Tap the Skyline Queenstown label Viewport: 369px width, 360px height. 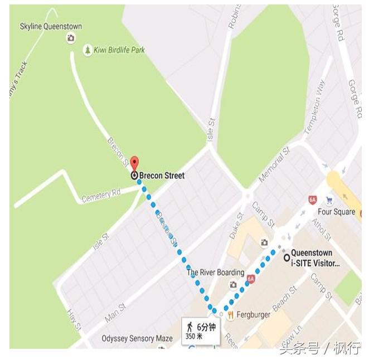pyautogui.click(x=51, y=26)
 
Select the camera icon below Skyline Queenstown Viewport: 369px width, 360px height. pyautogui.click(x=71, y=38)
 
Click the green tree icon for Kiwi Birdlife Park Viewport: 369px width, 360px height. pyautogui.click(x=88, y=50)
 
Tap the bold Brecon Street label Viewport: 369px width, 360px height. pyautogui.click(x=162, y=176)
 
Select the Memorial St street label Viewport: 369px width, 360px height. pyautogui.click(x=274, y=165)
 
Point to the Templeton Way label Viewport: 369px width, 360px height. pyautogui.click(x=314, y=107)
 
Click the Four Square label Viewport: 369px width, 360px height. pyautogui.click(x=336, y=212)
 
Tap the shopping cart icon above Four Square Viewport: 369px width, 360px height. pyautogui.click(x=329, y=201)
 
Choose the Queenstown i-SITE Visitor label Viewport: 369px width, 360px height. pyautogui.click(x=315, y=258)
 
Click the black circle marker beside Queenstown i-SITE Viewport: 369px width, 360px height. pyautogui.click(x=287, y=257)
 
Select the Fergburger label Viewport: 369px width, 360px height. pyautogui.click(x=253, y=315)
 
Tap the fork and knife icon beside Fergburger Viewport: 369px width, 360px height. pyautogui.click(x=230, y=315)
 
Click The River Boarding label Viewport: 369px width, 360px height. pyautogui.click(x=215, y=273)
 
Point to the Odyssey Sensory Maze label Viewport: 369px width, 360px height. pyautogui.click(x=137, y=339)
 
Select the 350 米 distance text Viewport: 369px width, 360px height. pyautogui.click(x=195, y=337)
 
